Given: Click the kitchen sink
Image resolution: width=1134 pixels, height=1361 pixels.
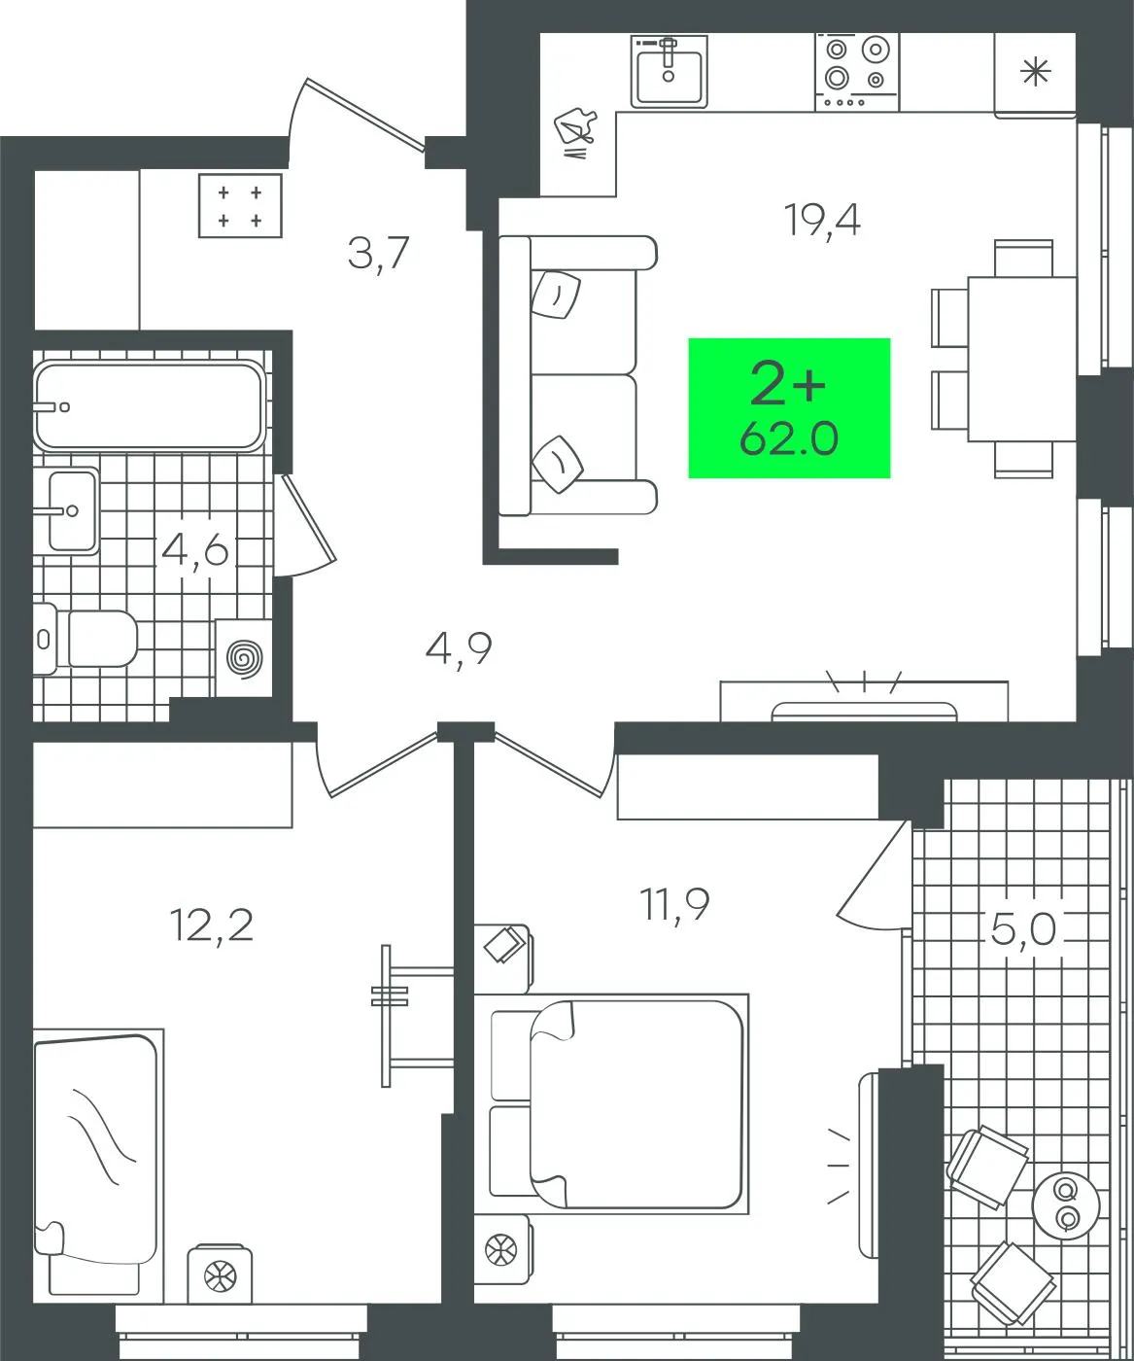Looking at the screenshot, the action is point(669,72).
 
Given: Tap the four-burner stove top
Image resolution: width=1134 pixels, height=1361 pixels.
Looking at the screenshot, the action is point(856,72).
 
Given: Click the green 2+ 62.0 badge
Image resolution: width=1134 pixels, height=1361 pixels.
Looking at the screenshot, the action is point(789,408).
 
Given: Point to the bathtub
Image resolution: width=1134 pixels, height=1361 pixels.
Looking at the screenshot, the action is point(150,406).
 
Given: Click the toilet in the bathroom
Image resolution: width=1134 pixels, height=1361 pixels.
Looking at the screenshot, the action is point(85,638).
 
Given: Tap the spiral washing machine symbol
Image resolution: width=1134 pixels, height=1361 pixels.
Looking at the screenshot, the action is point(244,658).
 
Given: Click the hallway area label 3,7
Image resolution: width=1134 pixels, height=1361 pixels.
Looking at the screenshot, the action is point(378,253).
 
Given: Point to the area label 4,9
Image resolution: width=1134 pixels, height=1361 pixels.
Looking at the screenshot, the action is point(458,648).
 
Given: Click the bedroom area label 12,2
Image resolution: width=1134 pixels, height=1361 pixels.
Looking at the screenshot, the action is point(211,925).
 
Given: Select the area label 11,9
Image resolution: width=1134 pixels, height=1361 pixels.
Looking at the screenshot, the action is point(674,905).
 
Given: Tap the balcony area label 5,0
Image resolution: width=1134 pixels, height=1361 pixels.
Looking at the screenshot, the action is point(1022,928).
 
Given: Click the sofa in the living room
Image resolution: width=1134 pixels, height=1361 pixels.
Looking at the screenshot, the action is point(577,375).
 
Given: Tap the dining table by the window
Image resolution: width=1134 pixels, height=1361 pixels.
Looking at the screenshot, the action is point(1022,359).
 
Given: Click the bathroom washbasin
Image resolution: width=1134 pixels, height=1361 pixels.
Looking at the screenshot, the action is point(71,510).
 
